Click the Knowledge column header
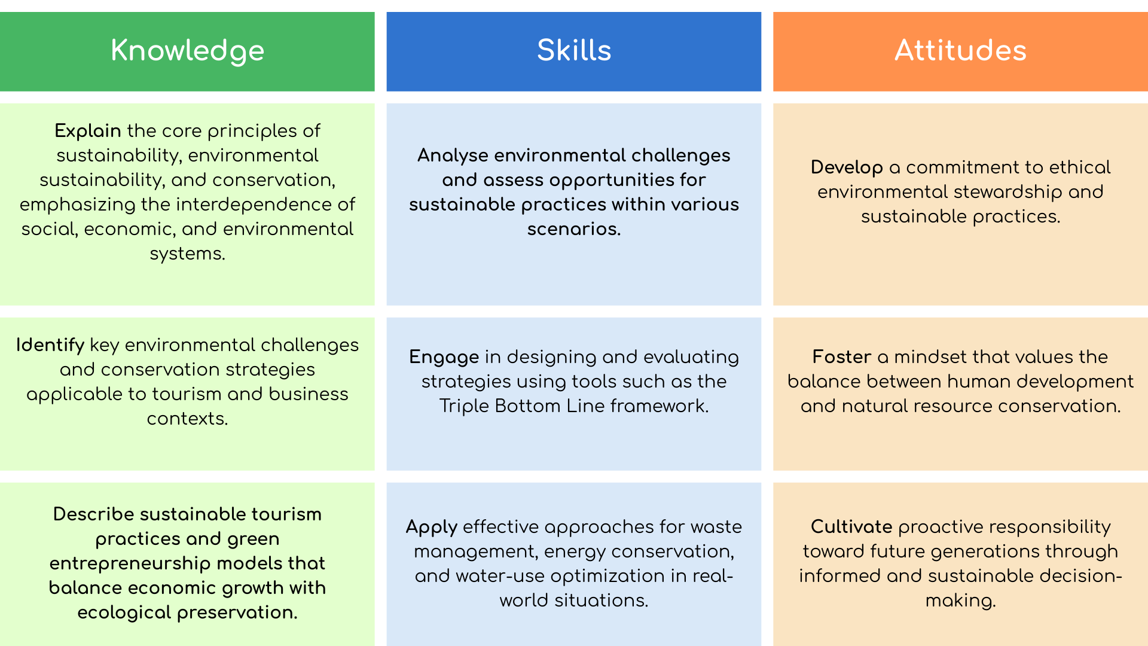coord(187,51)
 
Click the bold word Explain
coord(88,131)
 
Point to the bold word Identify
coord(50,345)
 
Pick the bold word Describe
coord(93,514)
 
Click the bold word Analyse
coord(453,156)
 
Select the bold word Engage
coord(444,357)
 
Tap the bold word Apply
coord(432,527)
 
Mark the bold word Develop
coord(847,167)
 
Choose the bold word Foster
coord(842,357)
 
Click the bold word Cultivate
coord(851,526)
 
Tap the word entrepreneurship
coord(130,563)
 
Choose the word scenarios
coord(574,229)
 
